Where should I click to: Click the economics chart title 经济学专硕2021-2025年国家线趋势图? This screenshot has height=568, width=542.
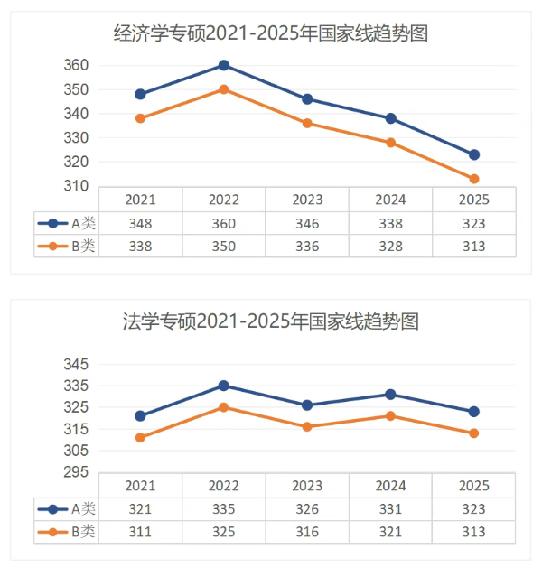click(270, 34)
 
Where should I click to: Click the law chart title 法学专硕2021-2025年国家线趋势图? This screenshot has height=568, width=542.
click(270, 321)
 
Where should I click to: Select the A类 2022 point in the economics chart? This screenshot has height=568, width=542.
click(224, 65)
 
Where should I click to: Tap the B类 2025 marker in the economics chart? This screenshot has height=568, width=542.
click(474, 179)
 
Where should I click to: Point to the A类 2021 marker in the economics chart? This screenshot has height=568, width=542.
click(140, 94)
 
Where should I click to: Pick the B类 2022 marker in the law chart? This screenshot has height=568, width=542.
click(224, 407)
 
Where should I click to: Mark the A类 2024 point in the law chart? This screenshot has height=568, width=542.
click(390, 395)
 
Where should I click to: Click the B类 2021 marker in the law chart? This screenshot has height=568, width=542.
click(140, 438)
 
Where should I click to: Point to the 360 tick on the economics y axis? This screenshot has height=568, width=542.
click(76, 65)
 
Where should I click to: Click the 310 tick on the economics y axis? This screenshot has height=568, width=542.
click(76, 186)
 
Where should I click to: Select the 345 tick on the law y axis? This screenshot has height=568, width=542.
click(76, 364)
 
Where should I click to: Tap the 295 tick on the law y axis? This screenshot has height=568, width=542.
click(76, 472)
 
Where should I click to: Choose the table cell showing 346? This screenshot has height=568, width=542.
click(307, 223)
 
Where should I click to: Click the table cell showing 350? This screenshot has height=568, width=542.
click(224, 246)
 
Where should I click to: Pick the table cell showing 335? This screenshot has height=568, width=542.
click(224, 509)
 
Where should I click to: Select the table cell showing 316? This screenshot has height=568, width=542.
click(307, 532)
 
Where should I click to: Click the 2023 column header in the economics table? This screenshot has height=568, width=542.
click(307, 200)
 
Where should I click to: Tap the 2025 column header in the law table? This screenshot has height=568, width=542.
click(474, 486)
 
